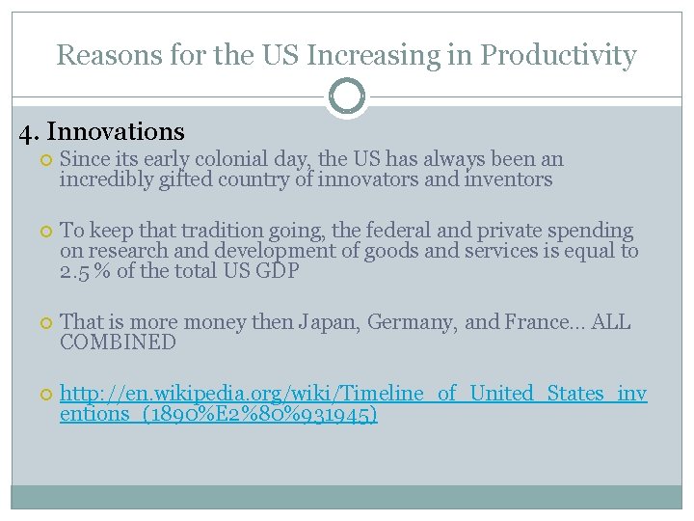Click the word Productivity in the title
(x=558, y=55)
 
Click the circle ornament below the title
(x=347, y=97)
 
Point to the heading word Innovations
(x=116, y=131)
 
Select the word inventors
(x=498, y=179)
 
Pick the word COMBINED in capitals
(x=118, y=343)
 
